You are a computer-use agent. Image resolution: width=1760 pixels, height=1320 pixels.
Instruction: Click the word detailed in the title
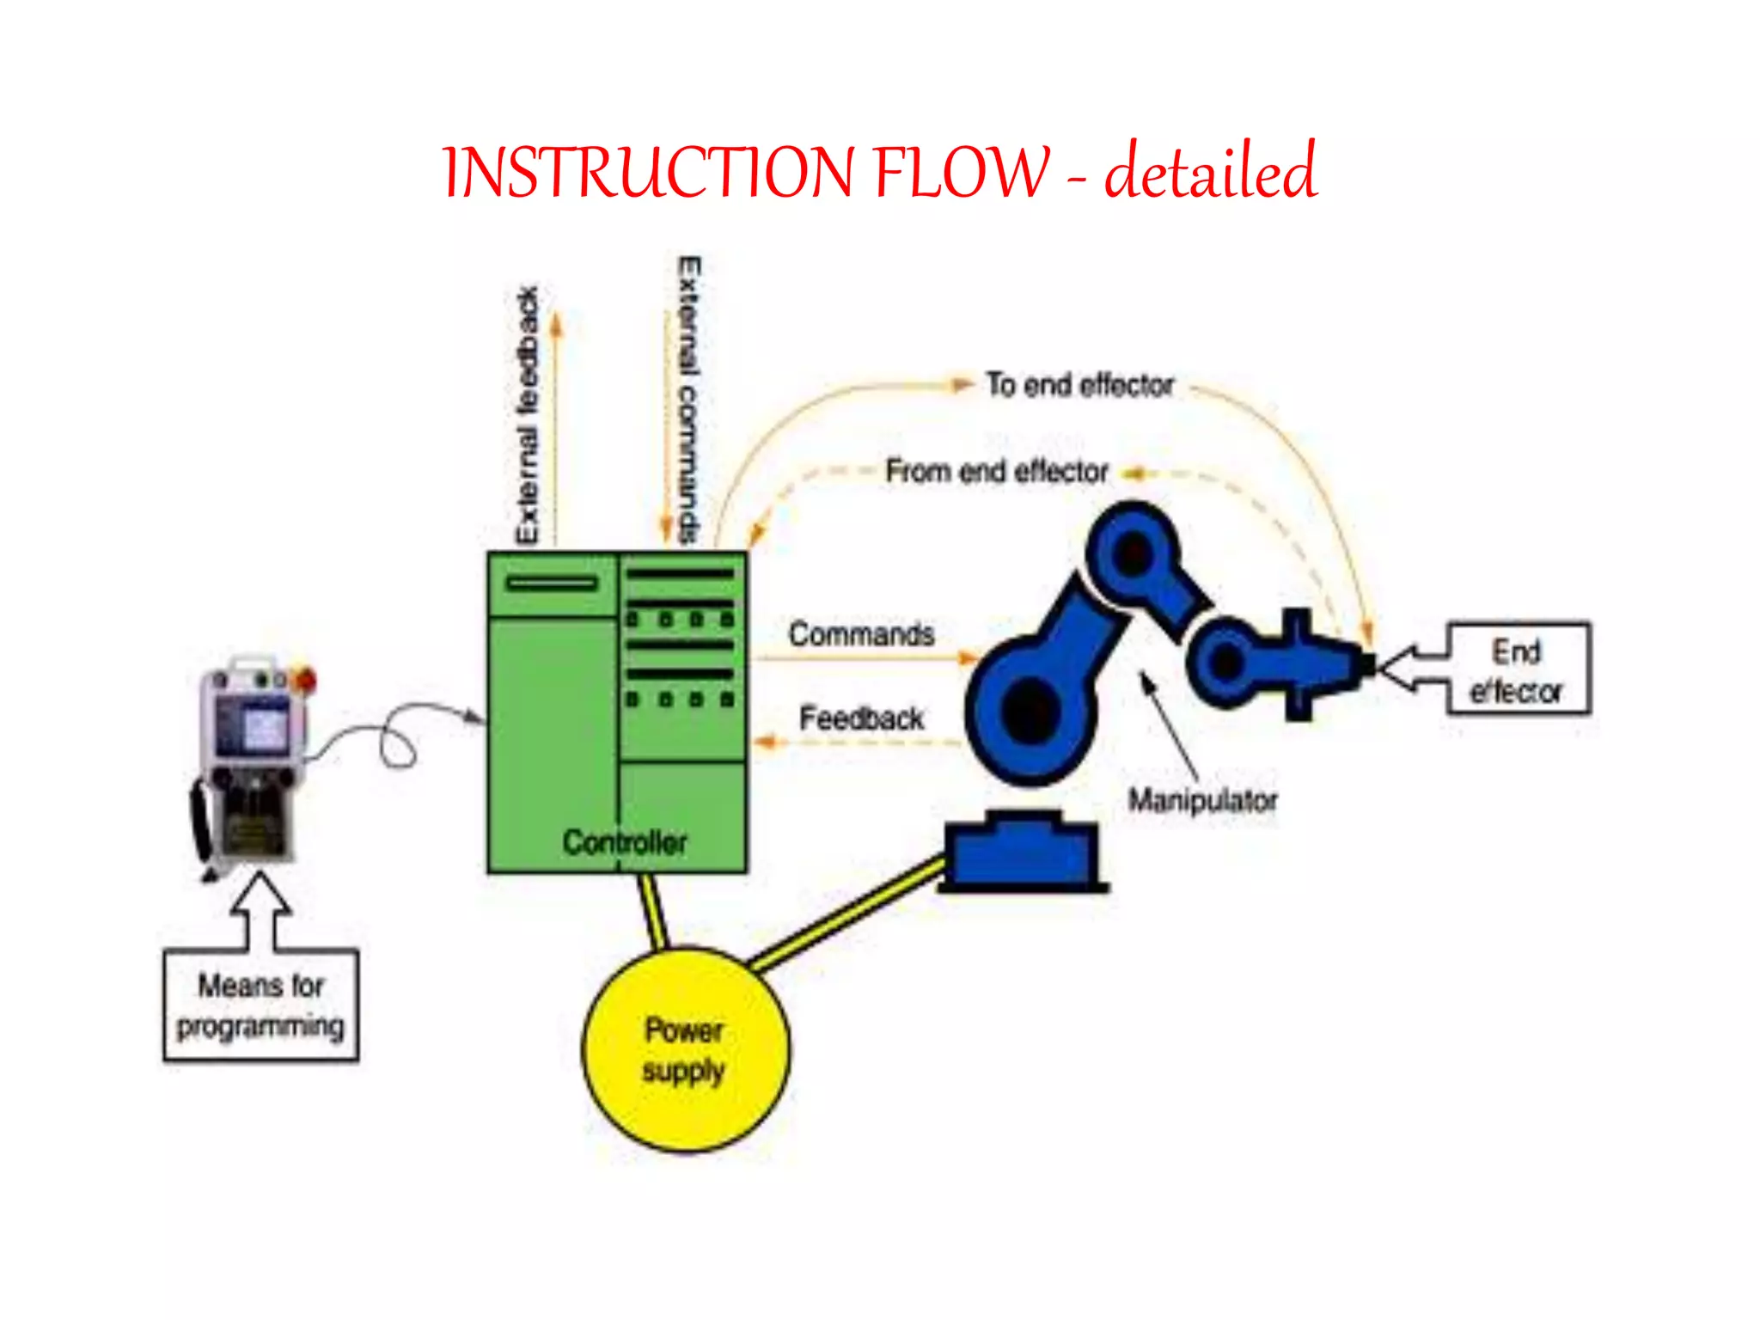1210,172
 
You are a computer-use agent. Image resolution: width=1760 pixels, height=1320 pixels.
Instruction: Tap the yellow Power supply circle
685,1049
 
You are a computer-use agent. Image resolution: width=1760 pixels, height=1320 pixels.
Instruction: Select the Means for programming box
260,1005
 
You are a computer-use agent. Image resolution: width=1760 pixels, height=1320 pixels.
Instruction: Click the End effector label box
1518,669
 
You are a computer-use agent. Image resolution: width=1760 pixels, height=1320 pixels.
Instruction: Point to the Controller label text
625,841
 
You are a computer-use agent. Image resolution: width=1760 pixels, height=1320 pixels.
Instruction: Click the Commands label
861,634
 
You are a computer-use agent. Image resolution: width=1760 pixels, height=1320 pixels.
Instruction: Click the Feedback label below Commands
861,718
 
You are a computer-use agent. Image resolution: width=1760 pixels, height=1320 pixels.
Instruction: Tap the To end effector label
1079,385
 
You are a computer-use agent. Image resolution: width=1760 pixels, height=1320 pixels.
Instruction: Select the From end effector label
997,472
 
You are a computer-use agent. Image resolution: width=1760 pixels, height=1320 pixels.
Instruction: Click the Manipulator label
1201,800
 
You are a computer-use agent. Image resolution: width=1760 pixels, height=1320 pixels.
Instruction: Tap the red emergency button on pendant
304,679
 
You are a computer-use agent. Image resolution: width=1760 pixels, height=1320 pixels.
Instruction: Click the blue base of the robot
1021,852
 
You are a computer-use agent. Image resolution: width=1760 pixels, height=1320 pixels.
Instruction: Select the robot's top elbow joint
1133,552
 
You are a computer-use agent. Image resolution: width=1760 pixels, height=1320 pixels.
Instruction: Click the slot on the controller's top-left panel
551,584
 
